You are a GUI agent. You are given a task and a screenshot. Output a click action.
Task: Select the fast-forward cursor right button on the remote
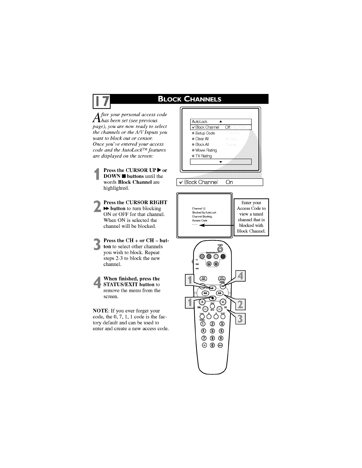pyautogui.click(x=219, y=293)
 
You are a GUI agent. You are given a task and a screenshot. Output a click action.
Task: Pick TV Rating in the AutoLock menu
pyautogui.click(x=203, y=156)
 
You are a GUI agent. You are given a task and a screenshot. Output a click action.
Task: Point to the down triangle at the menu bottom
pyautogui.click(x=221, y=162)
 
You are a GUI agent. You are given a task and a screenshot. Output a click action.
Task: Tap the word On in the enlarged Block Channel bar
pyautogui.click(x=229, y=182)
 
